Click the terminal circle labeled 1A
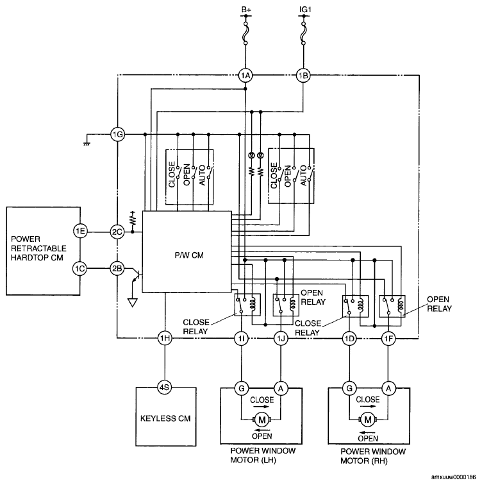[245, 76]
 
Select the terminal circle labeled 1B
[303, 76]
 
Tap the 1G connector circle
[118, 135]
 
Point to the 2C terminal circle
[117, 232]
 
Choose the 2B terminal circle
[117, 268]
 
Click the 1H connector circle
[165, 338]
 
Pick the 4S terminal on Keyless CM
[164, 387]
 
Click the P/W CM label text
[189, 255]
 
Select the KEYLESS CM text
[165, 418]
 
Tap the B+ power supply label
[246, 10]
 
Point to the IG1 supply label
[305, 10]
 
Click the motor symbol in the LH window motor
[262, 420]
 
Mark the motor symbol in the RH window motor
[368, 420]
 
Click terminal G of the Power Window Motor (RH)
[349, 388]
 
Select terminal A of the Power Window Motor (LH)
[281, 388]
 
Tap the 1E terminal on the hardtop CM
[80, 231]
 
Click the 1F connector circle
[388, 339]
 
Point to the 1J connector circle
[281, 339]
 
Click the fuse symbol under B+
[245, 33]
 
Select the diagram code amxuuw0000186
[454, 477]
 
